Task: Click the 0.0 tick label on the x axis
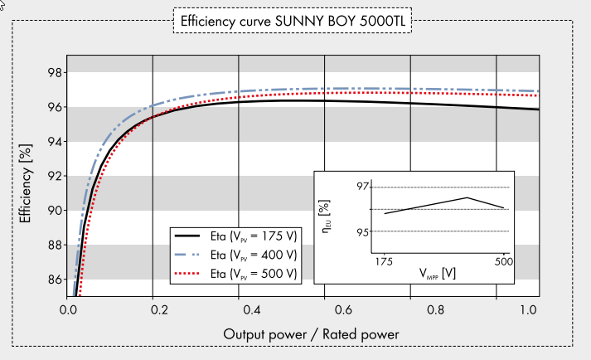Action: point(68,311)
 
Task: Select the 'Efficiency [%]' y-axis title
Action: point(27,182)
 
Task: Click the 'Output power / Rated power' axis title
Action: point(311,333)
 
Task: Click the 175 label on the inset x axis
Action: point(385,262)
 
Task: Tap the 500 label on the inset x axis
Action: point(503,262)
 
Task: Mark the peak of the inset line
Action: point(468,197)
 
